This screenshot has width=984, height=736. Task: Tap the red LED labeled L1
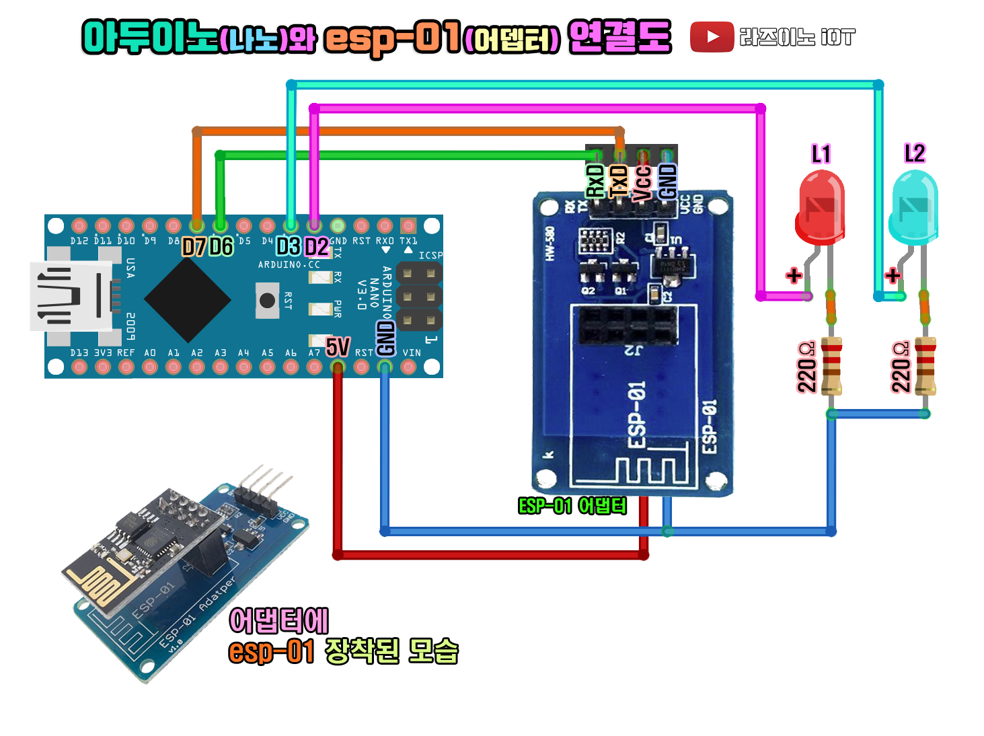(x=820, y=207)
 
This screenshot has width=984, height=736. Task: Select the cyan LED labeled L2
(x=914, y=207)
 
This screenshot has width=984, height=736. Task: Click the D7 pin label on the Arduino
(x=194, y=247)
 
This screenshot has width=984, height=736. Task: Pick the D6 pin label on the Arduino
(x=221, y=247)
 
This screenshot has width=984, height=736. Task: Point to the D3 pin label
(x=289, y=246)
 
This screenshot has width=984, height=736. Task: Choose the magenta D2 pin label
(x=317, y=247)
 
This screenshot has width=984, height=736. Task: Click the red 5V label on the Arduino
(x=338, y=347)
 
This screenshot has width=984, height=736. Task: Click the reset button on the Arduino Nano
(x=267, y=300)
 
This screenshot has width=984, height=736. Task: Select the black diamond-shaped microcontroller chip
(x=188, y=299)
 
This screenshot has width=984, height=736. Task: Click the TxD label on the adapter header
(x=619, y=181)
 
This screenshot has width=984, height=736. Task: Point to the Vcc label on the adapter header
(x=643, y=182)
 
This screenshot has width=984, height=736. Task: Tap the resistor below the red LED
(x=832, y=365)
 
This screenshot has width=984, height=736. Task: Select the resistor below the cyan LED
(x=925, y=365)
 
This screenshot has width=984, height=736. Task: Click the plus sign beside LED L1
(x=794, y=275)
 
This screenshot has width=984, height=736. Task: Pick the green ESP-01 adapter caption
(x=572, y=505)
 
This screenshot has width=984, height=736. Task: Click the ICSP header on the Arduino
(x=419, y=296)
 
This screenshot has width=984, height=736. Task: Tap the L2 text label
(x=915, y=153)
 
